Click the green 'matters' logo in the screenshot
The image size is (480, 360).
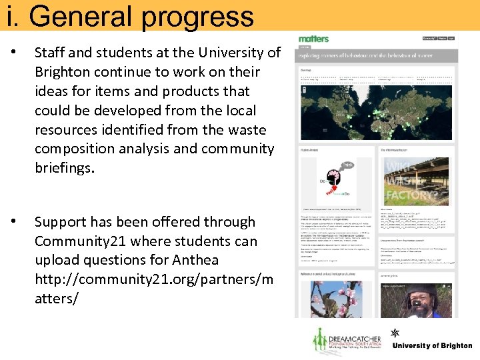(313, 39)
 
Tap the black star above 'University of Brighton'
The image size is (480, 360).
(395, 333)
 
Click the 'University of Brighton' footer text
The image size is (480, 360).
(431, 346)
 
